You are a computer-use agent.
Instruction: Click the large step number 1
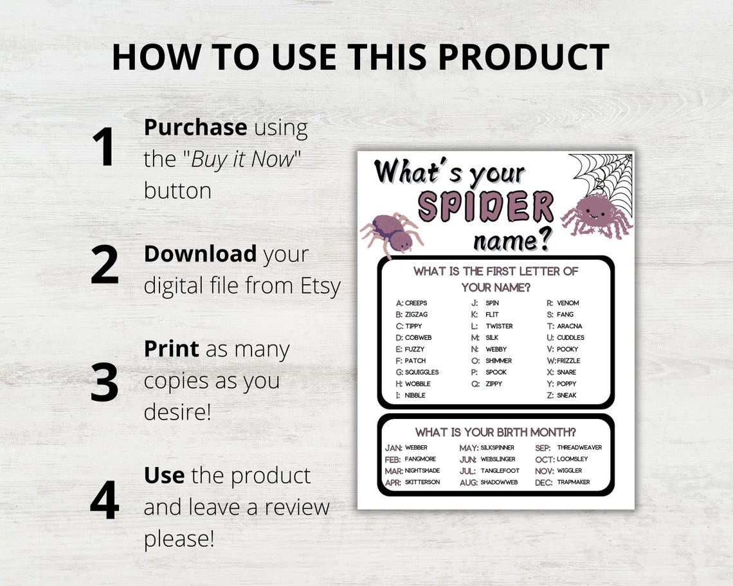(103, 147)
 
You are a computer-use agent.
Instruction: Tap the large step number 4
(104, 500)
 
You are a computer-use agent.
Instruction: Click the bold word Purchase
(195, 127)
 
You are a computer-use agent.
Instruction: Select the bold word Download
(199, 254)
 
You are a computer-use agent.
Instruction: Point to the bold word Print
(171, 349)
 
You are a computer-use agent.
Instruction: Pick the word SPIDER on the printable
(485, 206)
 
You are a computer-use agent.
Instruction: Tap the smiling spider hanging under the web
(595, 216)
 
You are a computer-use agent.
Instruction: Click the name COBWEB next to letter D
(418, 337)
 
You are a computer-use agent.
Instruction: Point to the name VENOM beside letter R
(568, 303)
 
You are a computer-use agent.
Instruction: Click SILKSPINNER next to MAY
(497, 447)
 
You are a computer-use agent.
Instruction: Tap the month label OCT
(544, 459)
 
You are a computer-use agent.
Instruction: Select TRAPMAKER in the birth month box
(573, 482)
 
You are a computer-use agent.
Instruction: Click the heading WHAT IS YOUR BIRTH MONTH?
(495, 432)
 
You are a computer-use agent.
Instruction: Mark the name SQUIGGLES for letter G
(422, 372)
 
